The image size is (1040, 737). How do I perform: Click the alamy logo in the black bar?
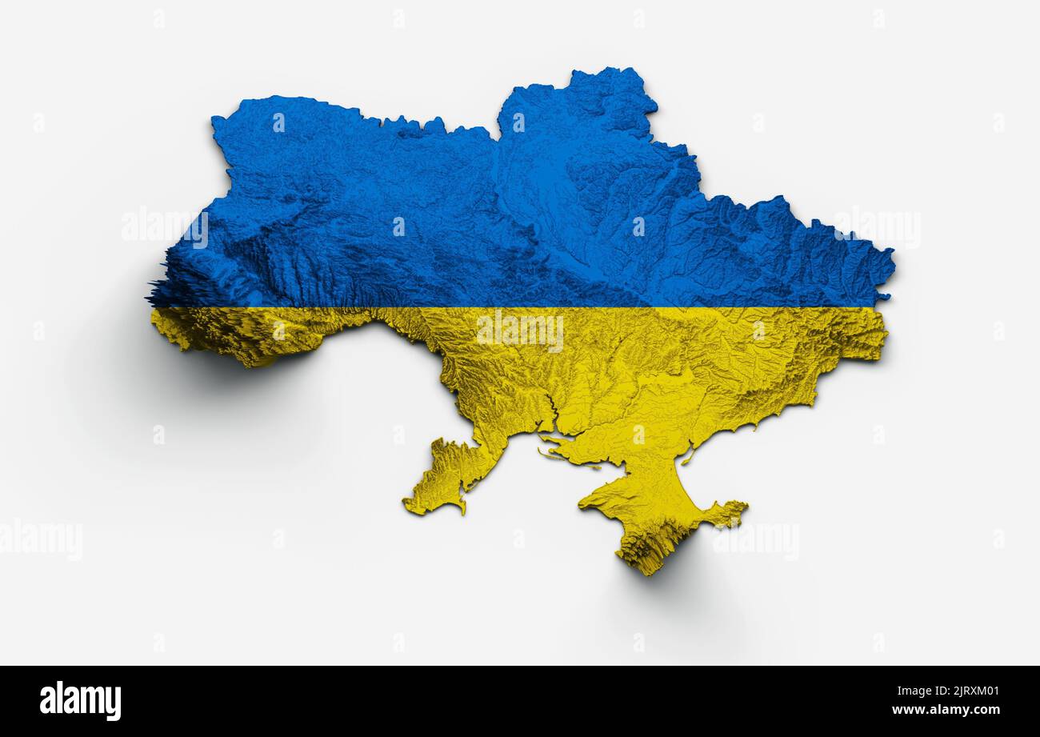pos(80,701)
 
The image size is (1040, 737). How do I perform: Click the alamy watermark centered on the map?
pos(520,330)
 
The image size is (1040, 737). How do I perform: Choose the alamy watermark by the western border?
pos(165,226)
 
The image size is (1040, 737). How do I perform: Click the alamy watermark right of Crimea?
pos(755,541)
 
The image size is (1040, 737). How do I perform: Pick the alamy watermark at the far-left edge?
pos(40,539)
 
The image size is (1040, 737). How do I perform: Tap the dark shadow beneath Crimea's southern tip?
pos(680,576)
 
